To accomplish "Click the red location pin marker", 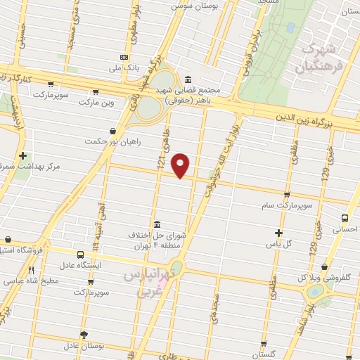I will click(x=181, y=165).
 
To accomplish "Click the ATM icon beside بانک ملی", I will click(x=124, y=58).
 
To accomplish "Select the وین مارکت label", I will click(x=95, y=102).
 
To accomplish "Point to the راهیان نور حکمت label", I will click(x=112, y=141).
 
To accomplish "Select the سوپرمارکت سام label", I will click(x=287, y=206).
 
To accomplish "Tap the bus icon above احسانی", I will click(x=345, y=219).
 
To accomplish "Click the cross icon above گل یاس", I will click(x=278, y=233).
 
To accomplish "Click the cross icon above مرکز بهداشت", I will click(x=23, y=155).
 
